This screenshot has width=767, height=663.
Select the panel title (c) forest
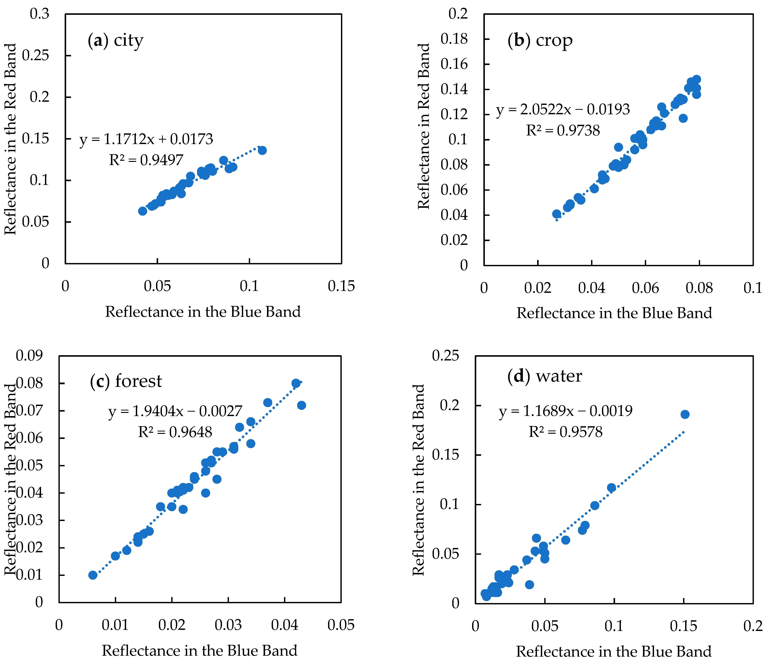126,381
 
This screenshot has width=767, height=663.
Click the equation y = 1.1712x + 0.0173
146,139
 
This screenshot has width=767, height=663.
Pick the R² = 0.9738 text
563,130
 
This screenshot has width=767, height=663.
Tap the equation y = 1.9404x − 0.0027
175,411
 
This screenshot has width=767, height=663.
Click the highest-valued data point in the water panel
685,414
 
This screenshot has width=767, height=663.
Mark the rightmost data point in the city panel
262,150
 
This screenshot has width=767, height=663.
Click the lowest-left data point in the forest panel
93,575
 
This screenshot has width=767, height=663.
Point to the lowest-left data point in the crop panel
556,214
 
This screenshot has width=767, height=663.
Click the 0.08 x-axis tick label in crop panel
699,288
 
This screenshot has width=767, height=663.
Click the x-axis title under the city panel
203,312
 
